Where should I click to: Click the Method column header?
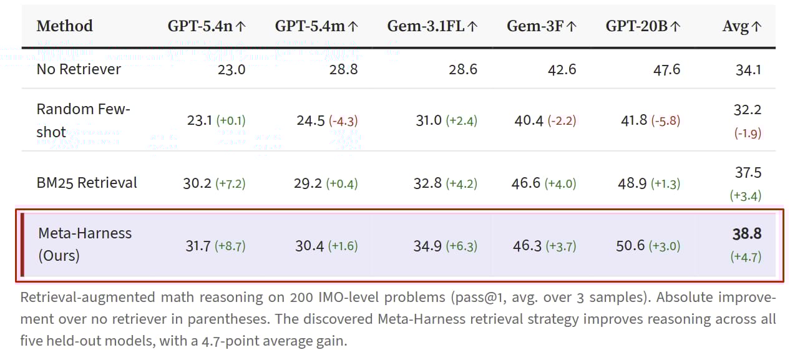click(x=64, y=26)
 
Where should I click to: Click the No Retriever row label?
click(x=79, y=69)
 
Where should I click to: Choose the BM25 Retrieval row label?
click(x=87, y=183)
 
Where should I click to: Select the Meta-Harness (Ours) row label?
click(x=85, y=244)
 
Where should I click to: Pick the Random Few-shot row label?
click(x=83, y=120)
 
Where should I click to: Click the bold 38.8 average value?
click(x=746, y=234)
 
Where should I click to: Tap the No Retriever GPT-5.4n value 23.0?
click(x=232, y=69)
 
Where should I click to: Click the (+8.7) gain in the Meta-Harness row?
click(x=230, y=246)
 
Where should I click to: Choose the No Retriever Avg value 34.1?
click(x=748, y=69)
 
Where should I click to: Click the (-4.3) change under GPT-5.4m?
click(x=343, y=120)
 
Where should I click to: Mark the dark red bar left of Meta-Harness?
click(x=23, y=244)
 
